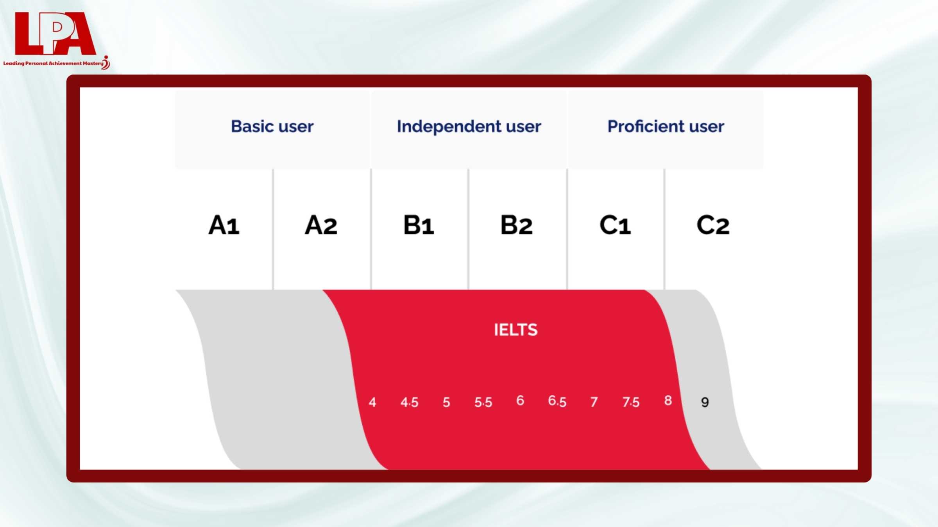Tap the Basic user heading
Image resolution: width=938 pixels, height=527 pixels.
[272, 126]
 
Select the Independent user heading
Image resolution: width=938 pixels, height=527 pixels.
[469, 126]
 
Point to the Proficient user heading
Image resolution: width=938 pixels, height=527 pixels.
[666, 126]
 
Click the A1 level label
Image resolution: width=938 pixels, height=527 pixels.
[224, 225]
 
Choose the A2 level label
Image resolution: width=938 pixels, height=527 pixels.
[321, 225]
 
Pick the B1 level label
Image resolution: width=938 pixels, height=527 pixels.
[419, 225]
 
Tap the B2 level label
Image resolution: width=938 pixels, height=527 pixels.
[516, 225]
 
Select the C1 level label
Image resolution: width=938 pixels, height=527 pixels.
[615, 225]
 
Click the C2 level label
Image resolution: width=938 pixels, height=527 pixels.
[713, 225]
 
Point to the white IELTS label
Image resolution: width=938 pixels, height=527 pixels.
[516, 330]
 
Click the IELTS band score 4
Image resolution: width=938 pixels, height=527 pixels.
[372, 402]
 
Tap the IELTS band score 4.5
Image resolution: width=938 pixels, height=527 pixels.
[409, 402]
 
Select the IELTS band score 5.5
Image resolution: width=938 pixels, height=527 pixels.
[483, 402]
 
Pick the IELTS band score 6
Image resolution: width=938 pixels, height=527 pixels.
[520, 401]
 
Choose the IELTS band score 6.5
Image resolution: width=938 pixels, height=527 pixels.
[557, 401]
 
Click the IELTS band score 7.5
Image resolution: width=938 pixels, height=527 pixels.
[631, 402]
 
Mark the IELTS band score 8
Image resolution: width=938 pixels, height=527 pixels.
[668, 401]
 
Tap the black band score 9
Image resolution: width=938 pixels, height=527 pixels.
[705, 402]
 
